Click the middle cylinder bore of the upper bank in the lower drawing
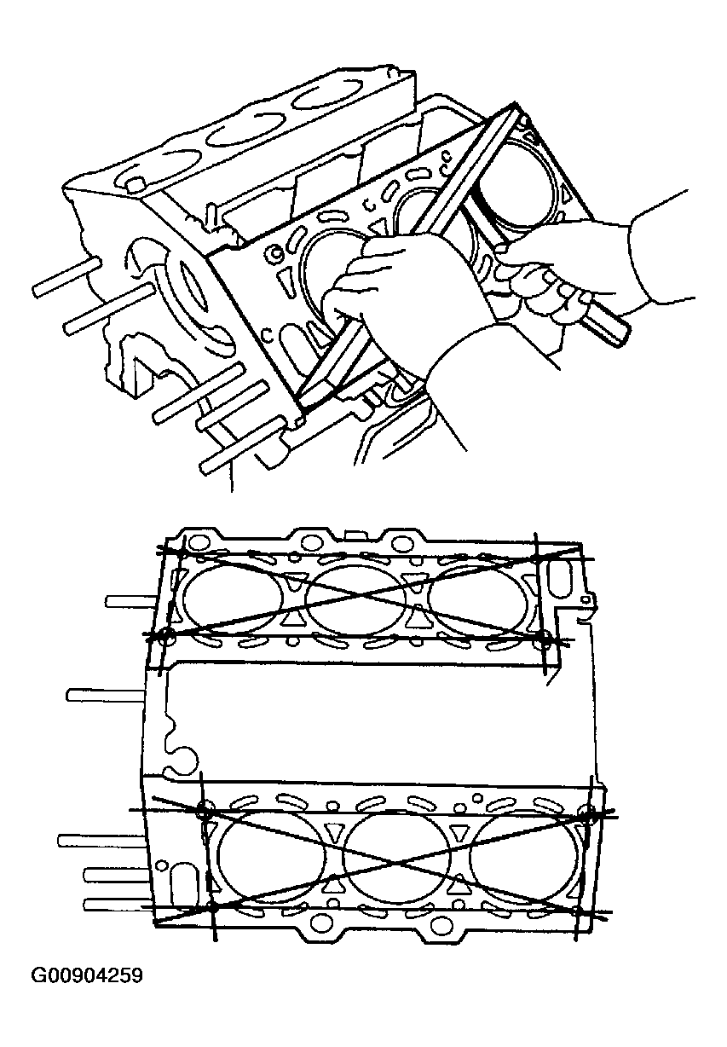coord(356,599)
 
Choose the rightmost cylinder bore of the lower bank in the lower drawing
coord(525,860)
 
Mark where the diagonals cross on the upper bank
coord(356,597)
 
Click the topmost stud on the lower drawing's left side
coord(130,602)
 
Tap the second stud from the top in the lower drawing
coord(105,696)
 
